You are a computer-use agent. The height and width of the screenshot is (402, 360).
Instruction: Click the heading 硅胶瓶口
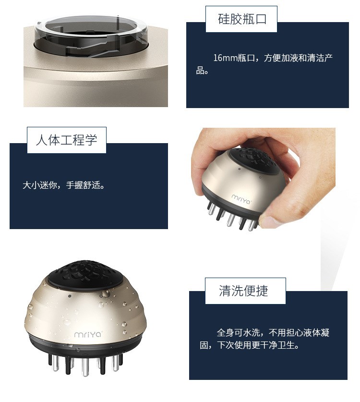(242, 19)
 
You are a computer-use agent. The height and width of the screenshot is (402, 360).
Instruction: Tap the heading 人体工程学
(67, 140)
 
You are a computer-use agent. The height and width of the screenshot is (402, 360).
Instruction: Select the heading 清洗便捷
(243, 291)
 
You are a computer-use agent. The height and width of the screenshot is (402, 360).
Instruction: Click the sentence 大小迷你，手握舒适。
(64, 185)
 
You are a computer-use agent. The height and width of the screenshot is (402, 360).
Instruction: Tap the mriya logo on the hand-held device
(241, 199)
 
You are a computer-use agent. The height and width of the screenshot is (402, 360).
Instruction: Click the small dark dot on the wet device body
(70, 296)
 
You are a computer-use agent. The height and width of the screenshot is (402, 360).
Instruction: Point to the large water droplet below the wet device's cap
(106, 293)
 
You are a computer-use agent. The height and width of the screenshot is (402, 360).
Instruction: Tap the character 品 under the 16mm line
(200, 70)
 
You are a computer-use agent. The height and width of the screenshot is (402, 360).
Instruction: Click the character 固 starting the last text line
(204, 345)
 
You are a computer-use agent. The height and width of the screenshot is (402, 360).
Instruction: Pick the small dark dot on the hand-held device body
(240, 169)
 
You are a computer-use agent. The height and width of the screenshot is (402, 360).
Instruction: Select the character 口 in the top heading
(261, 19)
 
